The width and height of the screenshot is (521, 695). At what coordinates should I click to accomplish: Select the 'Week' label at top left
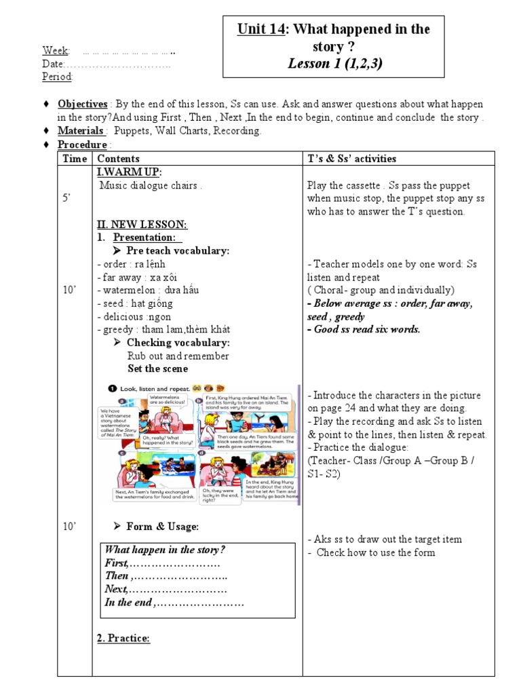55,51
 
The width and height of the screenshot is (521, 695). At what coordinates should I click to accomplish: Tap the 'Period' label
57,77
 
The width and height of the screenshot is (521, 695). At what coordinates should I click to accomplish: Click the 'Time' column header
75,159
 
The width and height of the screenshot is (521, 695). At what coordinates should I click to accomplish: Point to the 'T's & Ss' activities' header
351,159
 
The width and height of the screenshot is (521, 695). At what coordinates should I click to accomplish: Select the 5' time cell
66,198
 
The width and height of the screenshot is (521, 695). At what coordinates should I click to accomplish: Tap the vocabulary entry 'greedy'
114,330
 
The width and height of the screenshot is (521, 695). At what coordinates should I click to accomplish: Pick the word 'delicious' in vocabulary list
119,316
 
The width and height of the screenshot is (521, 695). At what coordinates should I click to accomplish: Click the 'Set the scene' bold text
158,369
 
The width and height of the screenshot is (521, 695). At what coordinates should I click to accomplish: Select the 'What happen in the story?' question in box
165,550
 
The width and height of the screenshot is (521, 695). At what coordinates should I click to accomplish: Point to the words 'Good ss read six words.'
366,330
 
